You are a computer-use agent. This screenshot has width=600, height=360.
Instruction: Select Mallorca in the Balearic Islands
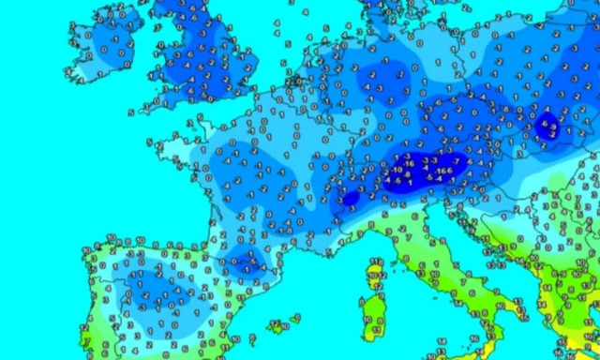(277, 326)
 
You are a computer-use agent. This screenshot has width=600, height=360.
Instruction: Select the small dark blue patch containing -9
(549, 127)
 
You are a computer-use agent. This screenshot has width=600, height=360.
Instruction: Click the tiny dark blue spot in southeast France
(351, 199)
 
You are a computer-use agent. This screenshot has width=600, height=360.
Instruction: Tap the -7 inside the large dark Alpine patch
(456, 162)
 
